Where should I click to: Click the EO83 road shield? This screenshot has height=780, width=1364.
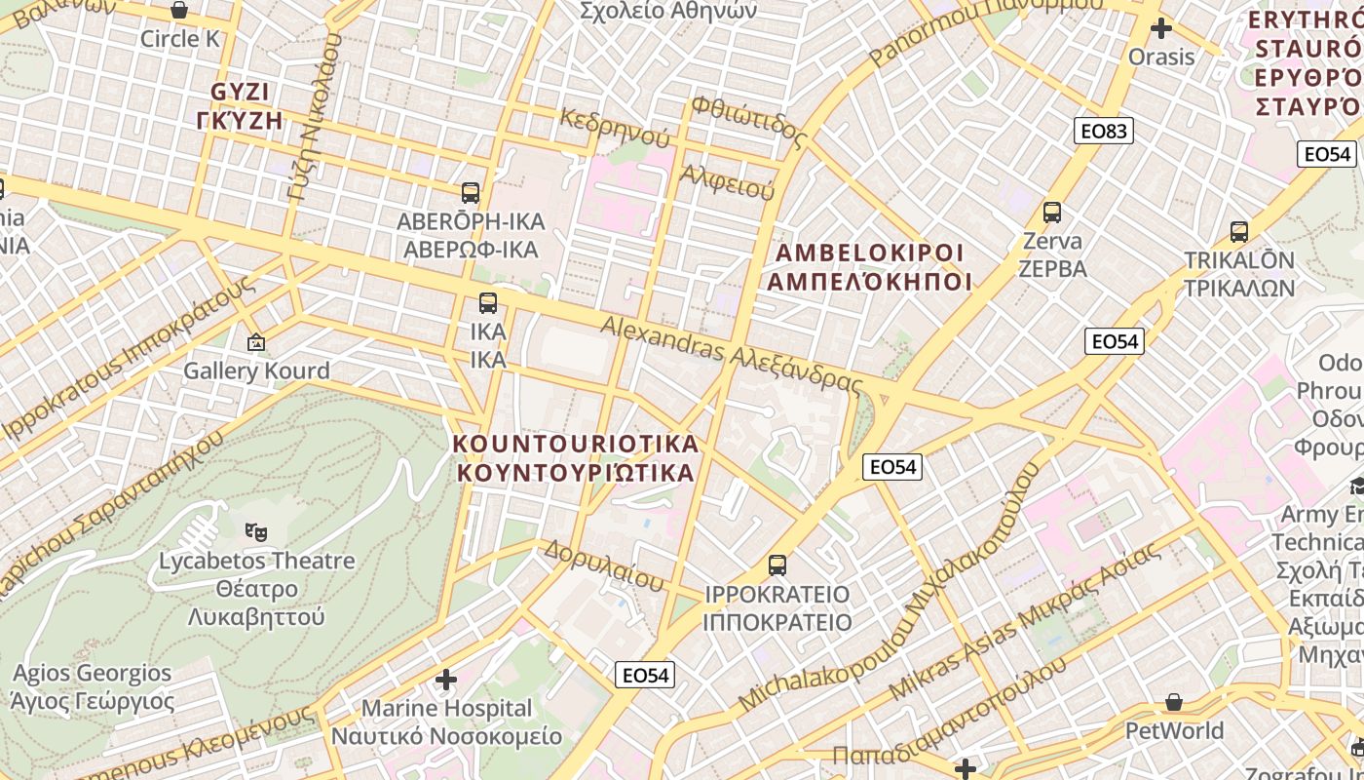click(x=1104, y=131)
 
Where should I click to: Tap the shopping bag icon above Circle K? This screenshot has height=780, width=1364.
click(x=179, y=11)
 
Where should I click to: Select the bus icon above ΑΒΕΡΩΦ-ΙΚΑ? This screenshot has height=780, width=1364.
click(x=471, y=193)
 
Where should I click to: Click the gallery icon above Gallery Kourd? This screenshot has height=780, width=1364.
click(x=256, y=342)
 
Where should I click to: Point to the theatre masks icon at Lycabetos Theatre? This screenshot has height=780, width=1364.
click(x=256, y=531)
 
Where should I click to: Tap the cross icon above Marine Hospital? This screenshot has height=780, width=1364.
click(x=446, y=679)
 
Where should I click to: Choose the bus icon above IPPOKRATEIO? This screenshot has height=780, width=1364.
click(x=777, y=565)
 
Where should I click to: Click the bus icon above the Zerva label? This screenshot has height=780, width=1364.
click(x=1052, y=212)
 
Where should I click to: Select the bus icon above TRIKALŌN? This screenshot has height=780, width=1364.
click(x=1239, y=232)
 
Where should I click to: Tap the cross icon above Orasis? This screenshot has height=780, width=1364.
click(x=1160, y=28)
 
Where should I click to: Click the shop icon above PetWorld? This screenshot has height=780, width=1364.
click(x=1175, y=702)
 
